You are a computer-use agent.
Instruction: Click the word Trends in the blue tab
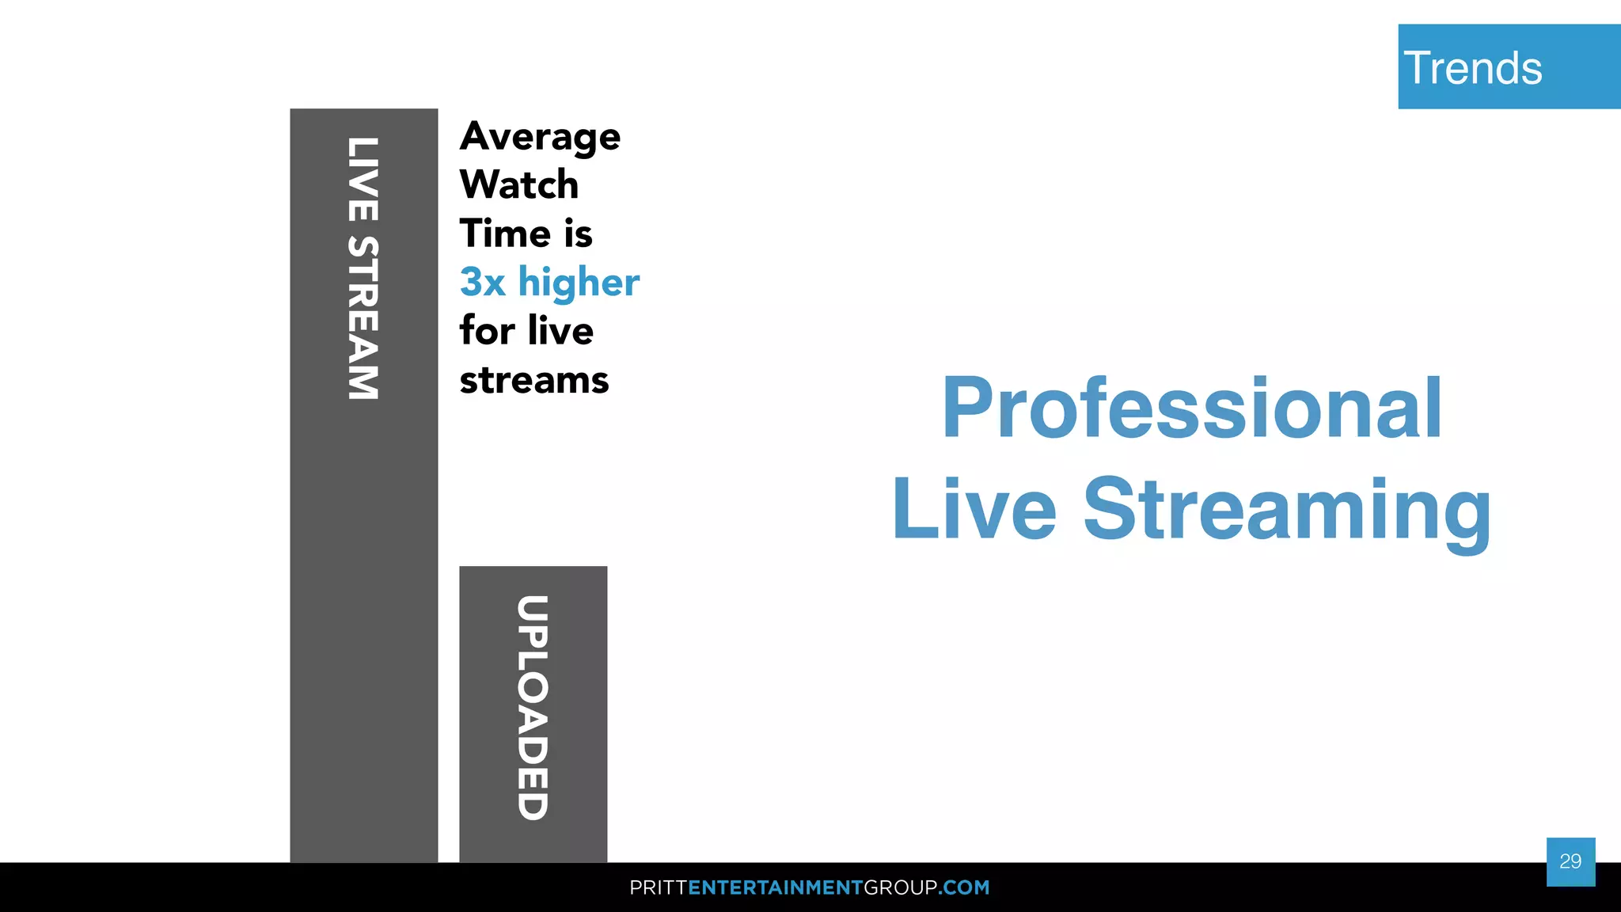pos(1472,68)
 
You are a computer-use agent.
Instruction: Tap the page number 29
pos(1570,861)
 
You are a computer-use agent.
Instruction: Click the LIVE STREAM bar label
pos(363,268)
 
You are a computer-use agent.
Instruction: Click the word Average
pos(540,138)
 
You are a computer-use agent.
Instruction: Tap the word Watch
pos(518,185)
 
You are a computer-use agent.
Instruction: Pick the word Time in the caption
pos(504,234)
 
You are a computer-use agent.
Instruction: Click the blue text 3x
pos(482,283)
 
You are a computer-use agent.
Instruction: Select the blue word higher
pos(579,283)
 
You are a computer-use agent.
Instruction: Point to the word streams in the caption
pos(534,381)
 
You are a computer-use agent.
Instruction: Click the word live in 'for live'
pos(560,331)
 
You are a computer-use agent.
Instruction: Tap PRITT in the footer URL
pos(658,887)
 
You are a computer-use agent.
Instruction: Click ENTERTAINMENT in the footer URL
pos(775,887)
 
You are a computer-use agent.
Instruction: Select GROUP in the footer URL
pos(901,887)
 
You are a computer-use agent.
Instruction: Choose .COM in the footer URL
pos(964,887)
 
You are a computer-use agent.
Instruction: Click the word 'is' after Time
pos(578,234)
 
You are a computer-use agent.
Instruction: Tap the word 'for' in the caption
pos(488,331)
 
